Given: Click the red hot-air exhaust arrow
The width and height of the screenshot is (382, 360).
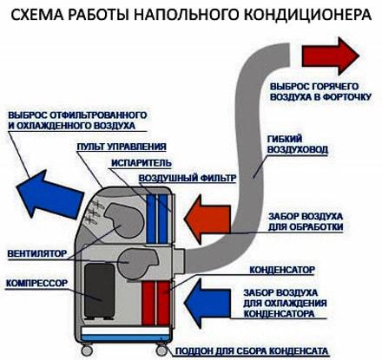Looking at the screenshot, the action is click(x=330, y=56).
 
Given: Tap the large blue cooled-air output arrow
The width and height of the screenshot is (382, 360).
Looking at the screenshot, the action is click(x=49, y=194).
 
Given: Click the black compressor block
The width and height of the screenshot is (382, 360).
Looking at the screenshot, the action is click(x=99, y=291).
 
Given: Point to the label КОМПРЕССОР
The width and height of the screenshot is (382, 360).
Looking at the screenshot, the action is click(x=36, y=283).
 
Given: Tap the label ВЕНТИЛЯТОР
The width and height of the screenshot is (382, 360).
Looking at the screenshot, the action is click(x=37, y=253).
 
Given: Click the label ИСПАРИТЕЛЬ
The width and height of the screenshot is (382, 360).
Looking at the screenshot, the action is click(x=142, y=163).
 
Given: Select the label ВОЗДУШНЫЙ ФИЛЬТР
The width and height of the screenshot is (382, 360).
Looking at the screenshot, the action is click(x=188, y=178).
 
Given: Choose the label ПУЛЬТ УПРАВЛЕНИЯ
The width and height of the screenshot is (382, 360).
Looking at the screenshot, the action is click(x=122, y=147).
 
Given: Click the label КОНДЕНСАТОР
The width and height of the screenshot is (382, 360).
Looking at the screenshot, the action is click(x=282, y=270).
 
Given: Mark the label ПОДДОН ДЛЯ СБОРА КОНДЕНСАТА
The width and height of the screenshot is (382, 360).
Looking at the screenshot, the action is click(x=252, y=351).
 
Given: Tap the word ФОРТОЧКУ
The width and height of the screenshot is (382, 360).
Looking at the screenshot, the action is click(x=346, y=97).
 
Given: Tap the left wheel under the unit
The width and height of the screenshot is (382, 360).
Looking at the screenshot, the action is click(x=86, y=350).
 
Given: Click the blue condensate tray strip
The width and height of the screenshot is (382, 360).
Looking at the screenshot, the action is click(x=125, y=337).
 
